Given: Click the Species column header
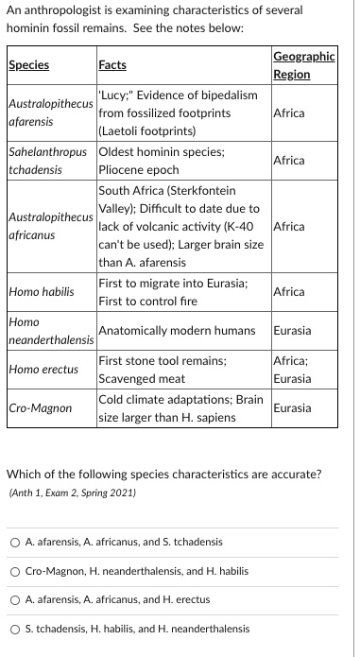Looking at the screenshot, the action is click(x=28, y=65).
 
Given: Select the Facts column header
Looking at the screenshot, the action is click(x=111, y=65).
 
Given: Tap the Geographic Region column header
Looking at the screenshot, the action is click(x=302, y=65).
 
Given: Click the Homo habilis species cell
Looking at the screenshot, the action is click(x=41, y=292).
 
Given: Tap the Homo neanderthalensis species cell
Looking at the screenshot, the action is click(x=50, y=331).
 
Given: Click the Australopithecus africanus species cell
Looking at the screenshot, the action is click(x=50, y=227).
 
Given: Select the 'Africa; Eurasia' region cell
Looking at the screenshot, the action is click(x=294, y=369).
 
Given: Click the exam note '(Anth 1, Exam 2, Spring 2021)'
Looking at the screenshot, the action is click(x=72, y=493).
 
